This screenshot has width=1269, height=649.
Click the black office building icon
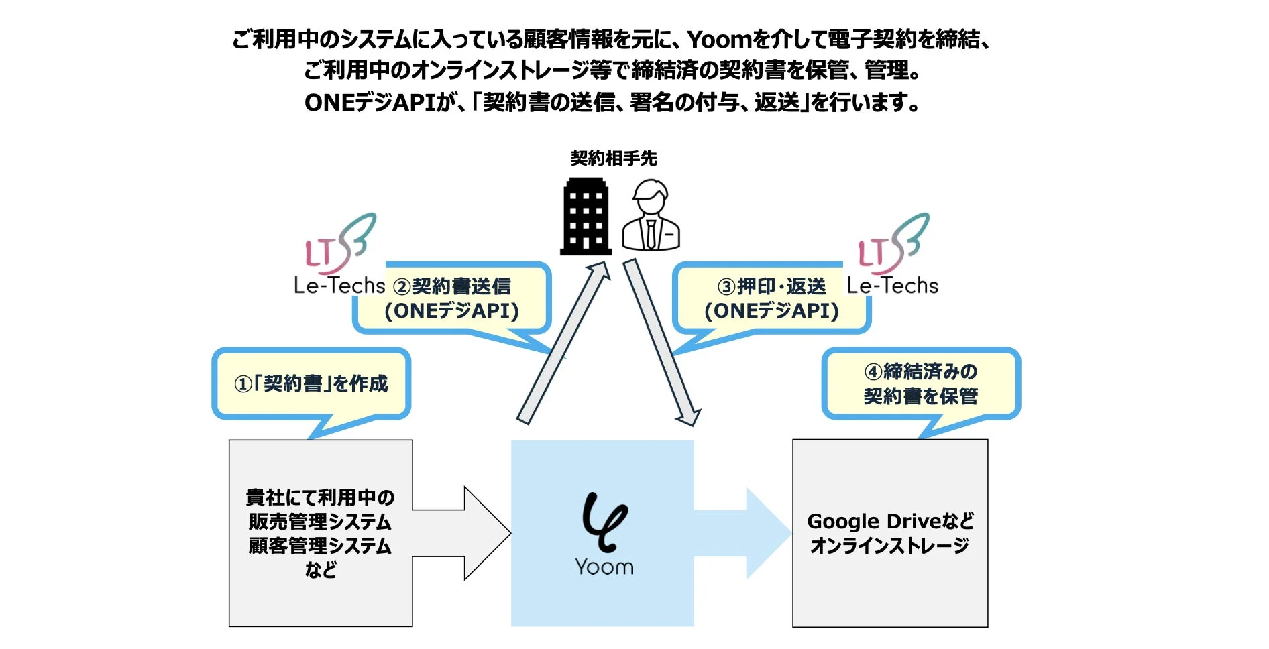[x=586, y=217]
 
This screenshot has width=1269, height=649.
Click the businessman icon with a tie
[x=651, y=216]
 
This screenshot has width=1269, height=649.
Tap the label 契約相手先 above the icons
[x=614, y=158]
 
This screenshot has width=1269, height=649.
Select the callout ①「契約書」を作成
[x=311, y=383]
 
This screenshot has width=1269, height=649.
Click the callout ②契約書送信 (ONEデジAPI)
[x=451, y=298]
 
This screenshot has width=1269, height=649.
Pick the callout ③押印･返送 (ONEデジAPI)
[x=771, y=298]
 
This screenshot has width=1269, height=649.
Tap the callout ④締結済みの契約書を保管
[x=920, y=383]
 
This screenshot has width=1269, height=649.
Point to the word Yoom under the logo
[x=604, y=567]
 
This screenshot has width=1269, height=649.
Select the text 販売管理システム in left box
[x=320, y=522]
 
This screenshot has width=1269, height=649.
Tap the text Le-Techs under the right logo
[x=892, y=286]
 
